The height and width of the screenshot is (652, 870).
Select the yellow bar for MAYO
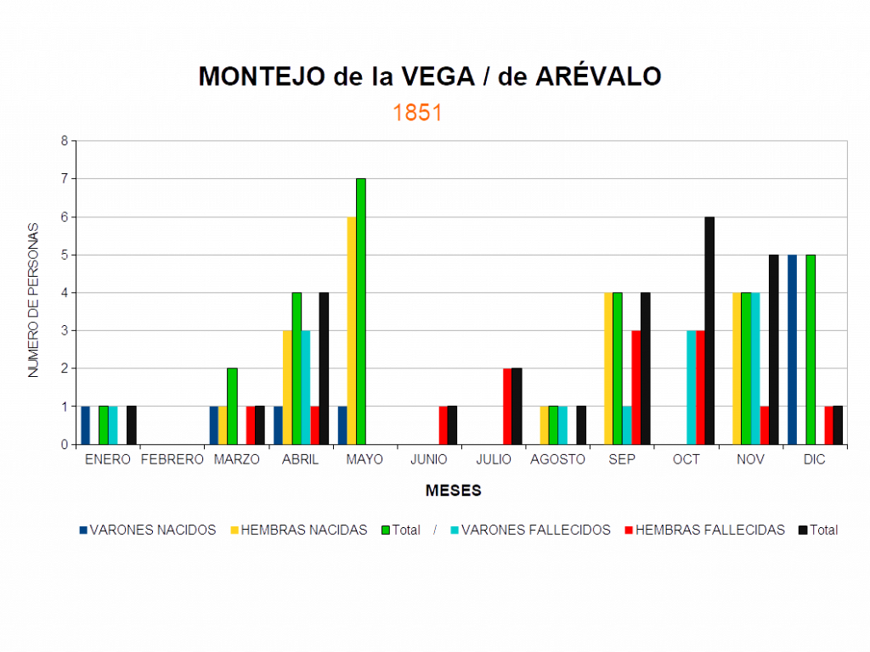(x=351, y=330)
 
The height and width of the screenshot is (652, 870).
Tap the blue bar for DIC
(x=792, y=349)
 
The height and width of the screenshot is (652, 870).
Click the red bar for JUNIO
(x=443, y=424)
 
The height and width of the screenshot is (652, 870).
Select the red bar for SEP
(x=636, y=386)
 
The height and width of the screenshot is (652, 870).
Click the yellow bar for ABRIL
(x=286, y=386)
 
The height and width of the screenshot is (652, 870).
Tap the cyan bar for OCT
(x=691, y=386)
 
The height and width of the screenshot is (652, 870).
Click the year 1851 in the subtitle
(x=417, y=113)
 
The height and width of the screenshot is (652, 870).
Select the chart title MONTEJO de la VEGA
(x=430, y=76)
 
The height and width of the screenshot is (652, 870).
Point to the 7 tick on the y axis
(x=64, y=179)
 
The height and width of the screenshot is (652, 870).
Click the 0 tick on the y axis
(x=64, y=444)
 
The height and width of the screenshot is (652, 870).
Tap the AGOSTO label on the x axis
(x=558, y=459)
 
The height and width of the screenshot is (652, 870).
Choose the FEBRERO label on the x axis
(x=172, y=459)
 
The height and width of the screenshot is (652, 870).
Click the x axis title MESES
(x=455, y=491)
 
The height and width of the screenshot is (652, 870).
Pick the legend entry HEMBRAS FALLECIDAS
(x=710, y=530)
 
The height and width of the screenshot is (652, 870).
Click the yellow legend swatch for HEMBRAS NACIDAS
(x=234, y=530)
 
